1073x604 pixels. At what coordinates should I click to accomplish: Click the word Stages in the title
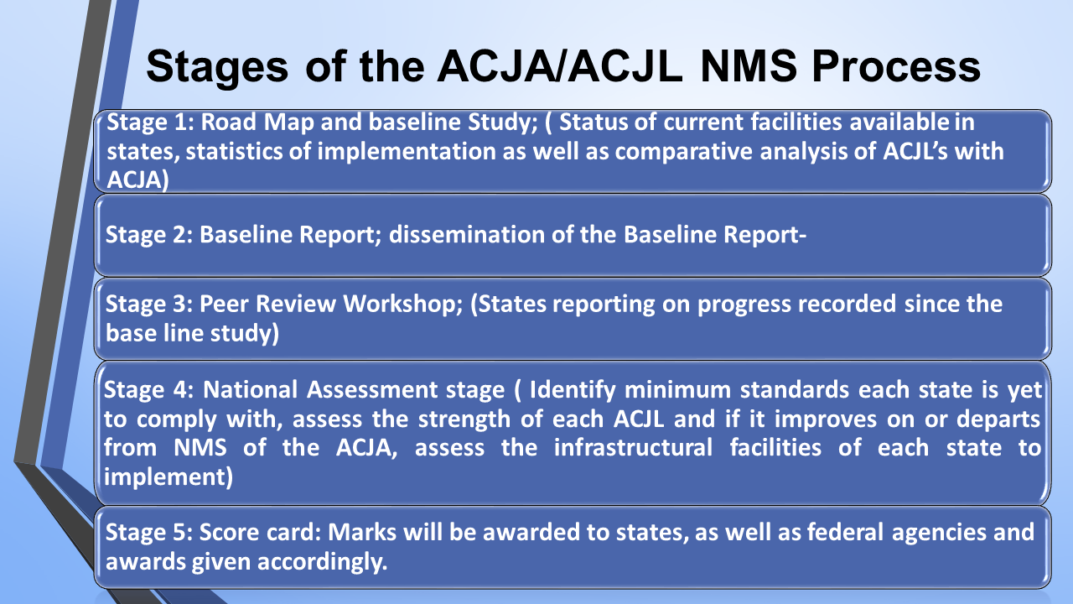217,68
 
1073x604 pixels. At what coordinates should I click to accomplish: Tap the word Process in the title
896,67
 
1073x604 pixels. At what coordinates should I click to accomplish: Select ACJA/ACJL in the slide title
560,66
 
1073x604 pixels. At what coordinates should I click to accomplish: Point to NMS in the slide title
749,66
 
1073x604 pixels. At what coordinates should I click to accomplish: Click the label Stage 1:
150,122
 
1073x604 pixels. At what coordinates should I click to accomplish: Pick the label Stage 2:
149,235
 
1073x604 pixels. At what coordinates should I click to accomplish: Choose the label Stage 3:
149,304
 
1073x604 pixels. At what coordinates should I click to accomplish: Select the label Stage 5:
149,532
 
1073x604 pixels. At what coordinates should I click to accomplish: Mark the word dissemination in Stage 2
466,235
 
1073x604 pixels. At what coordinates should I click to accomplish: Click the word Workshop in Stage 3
403,305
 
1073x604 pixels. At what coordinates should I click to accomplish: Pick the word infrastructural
633,448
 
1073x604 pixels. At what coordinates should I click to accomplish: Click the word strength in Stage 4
464,420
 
